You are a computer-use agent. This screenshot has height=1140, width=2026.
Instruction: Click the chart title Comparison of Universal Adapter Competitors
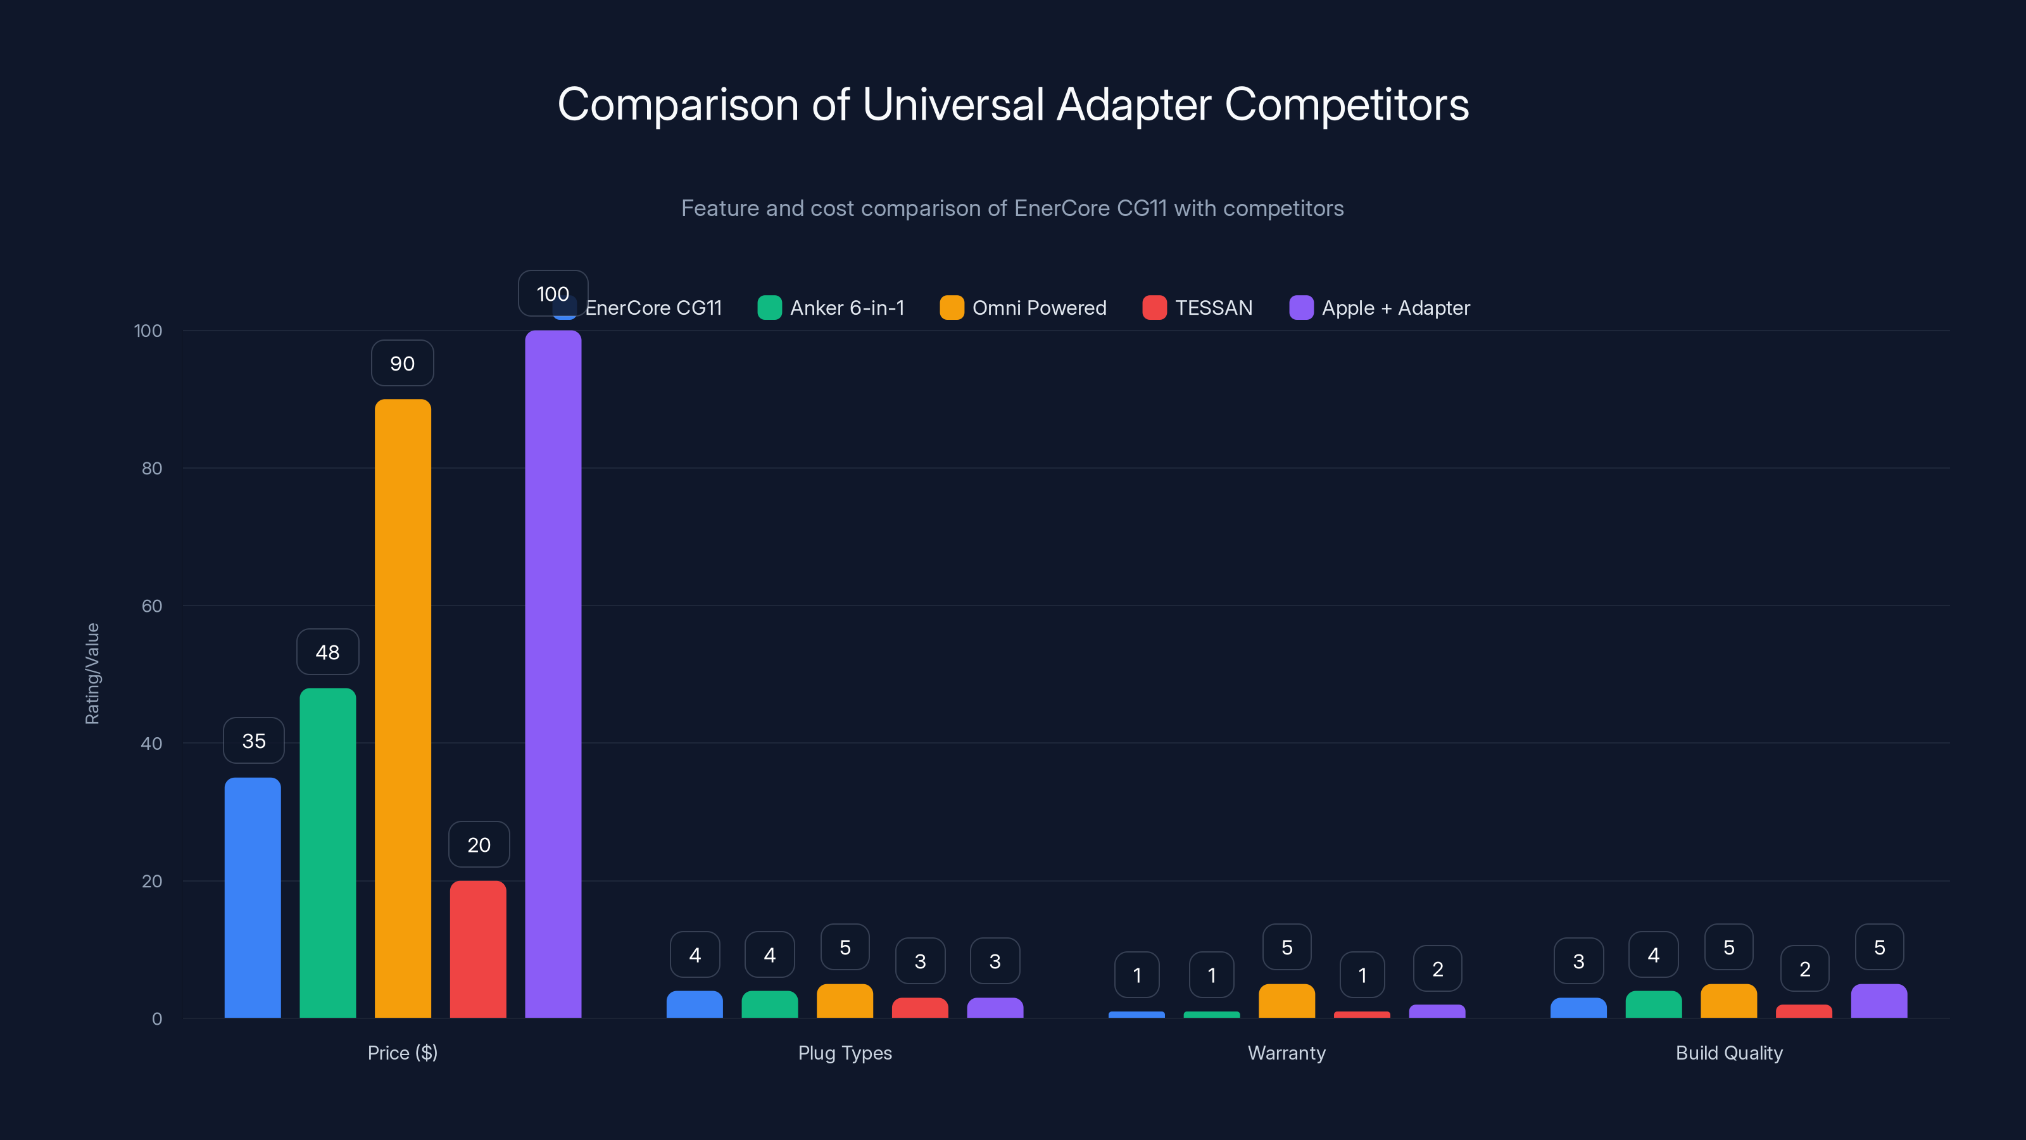(1012, 104)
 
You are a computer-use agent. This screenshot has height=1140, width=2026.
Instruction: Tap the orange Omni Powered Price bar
(402, 708)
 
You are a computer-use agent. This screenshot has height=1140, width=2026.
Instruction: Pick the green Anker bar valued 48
(327, 853)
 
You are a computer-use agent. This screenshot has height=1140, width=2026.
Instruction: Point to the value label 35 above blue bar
(253, 740)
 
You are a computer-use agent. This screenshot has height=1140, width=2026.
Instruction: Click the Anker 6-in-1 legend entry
(831, 308)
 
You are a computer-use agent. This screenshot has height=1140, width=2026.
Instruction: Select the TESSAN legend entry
(1197, 308)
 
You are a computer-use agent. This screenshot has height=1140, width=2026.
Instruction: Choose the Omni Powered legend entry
(1022, 308)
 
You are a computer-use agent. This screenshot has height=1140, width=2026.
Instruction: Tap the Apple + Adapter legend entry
(1380, 308)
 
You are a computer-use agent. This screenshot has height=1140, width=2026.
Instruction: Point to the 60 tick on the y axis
(151, 606)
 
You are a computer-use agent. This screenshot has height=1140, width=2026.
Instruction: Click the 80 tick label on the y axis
(151, 468)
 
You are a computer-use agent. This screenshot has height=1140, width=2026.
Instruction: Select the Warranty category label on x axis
(1286, 1053)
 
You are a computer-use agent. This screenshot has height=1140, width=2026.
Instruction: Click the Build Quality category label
(1728, 1053)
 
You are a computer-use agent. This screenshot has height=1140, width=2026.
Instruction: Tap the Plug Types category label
(845, 1053)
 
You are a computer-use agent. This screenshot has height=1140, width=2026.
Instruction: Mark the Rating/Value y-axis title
(92, 673)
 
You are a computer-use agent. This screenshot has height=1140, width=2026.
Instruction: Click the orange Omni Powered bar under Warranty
(1286, 1001)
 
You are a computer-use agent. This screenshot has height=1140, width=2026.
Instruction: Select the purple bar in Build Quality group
(1879, 1001)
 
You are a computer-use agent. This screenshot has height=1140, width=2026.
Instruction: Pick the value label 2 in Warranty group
(1437, 968)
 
